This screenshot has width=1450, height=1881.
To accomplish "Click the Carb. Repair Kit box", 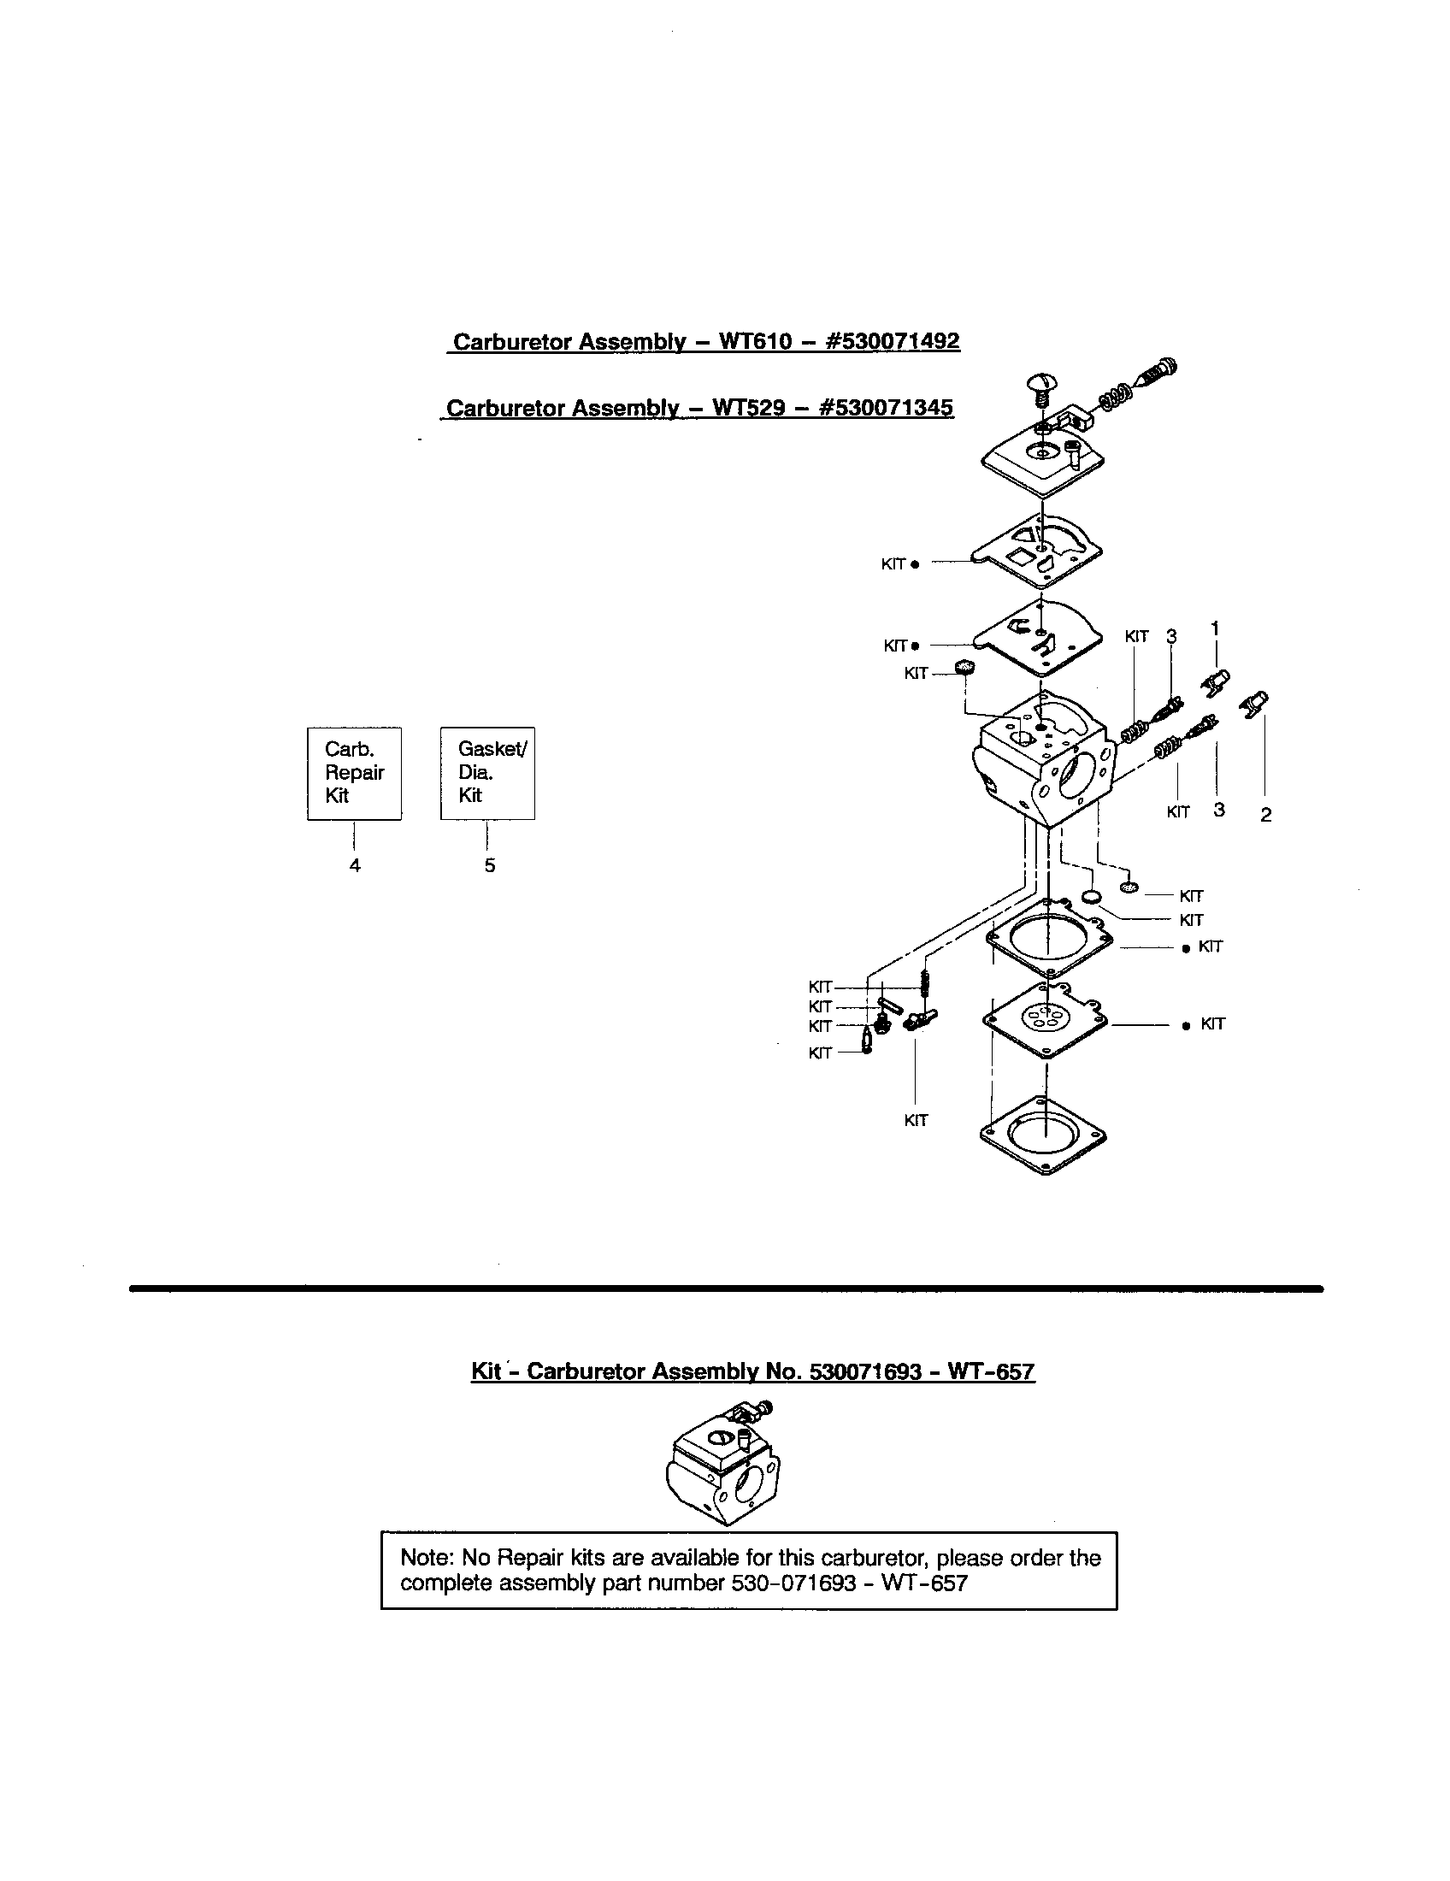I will coord(354,773).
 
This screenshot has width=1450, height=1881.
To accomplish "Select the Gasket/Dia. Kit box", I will coord(487,773).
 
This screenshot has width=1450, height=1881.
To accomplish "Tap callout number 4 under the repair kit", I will coord(355,865).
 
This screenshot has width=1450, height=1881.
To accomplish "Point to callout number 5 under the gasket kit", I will coord(489,865).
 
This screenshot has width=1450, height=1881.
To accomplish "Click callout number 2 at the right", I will coord(1264,814).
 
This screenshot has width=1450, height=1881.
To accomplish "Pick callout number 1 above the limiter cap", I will coord(1215,628).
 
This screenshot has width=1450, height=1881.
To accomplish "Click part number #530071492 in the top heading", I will coord(892,341).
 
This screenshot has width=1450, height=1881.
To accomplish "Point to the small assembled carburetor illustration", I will coord(723,1463).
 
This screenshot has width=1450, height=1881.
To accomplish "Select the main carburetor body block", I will coord(1042,758).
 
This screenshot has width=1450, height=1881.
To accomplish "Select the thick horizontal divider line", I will coord(725,1288).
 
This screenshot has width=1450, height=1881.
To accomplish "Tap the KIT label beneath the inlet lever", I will coord(916,1121).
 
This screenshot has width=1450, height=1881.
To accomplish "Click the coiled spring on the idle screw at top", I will coord(1115,398).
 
